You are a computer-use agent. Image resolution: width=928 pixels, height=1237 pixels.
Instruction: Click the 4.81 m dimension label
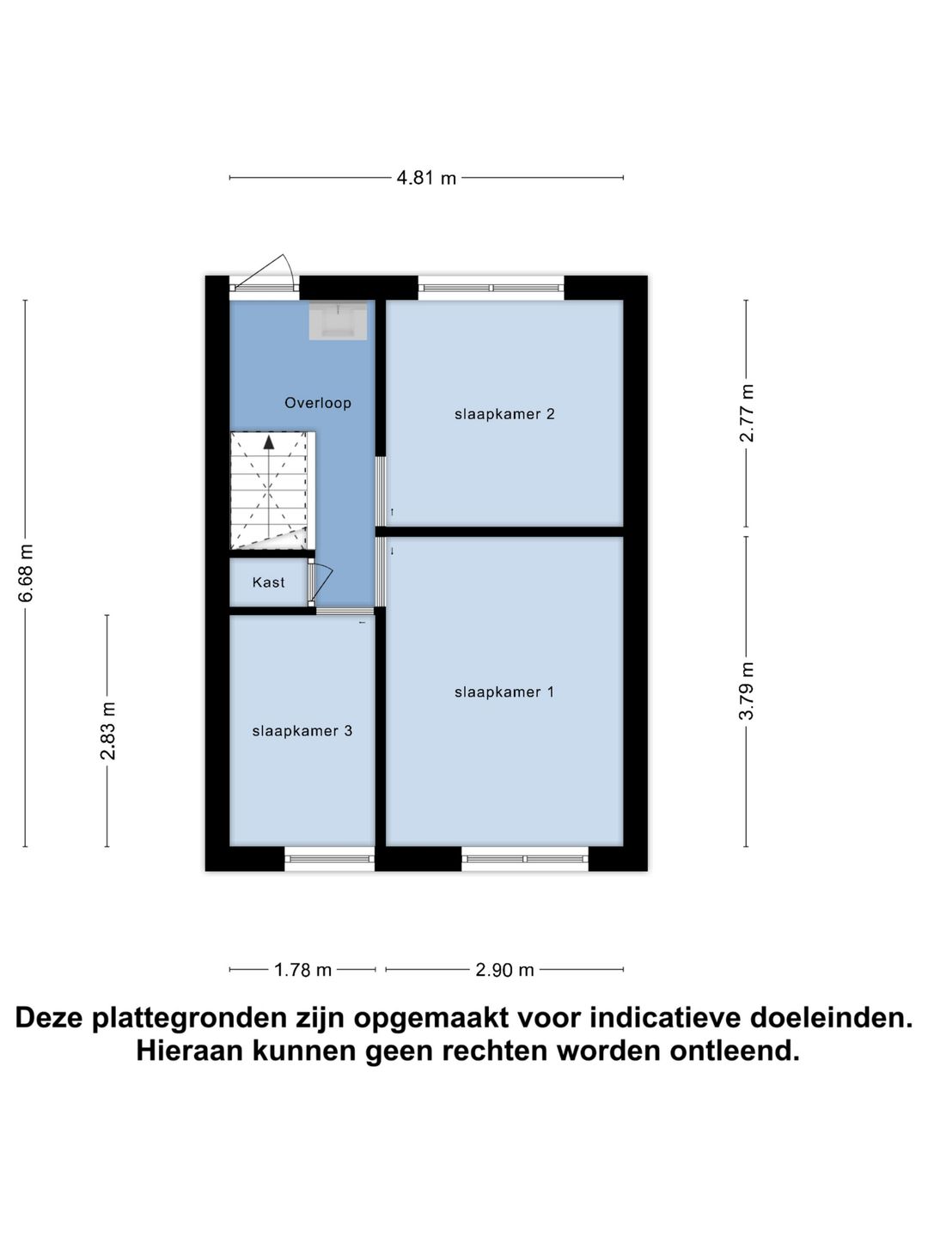(x=426, y=179)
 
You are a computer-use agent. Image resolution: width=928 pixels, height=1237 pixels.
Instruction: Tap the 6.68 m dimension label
(x=26, y=573)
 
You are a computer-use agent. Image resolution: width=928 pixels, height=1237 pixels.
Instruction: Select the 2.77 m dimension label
(x=747, y=413)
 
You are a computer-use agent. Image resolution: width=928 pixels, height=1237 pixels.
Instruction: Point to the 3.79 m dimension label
(x=747, y=692)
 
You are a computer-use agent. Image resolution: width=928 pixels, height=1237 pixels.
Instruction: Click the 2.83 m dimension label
(x=107, y=731)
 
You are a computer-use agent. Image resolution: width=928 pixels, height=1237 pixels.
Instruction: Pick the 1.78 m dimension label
(x=302, y=970)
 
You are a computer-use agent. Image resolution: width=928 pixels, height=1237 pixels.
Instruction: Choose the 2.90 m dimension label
(x=504, y=970)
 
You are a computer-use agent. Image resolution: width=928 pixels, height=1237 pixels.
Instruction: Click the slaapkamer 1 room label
(x=504, y=692)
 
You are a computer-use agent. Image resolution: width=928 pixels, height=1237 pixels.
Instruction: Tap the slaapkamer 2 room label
(x=504, y=414)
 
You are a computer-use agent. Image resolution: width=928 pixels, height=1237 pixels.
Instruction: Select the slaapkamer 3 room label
(x=302, y=731)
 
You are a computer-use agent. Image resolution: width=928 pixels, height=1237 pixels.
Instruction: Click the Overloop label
(x=318, y=403)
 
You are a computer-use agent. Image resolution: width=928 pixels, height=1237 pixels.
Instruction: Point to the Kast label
(x=268, y=582)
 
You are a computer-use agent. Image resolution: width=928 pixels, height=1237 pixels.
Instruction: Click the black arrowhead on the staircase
(x=269, y=442)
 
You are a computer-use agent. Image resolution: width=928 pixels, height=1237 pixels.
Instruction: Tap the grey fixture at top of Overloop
(x=338, y=320)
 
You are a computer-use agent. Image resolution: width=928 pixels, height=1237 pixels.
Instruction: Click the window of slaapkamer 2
(x=491, y=288)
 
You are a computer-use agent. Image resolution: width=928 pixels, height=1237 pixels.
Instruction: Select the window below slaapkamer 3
(x=329, y=858)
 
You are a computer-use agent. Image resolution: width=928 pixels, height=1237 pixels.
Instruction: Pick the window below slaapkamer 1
(x=524, y=858)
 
